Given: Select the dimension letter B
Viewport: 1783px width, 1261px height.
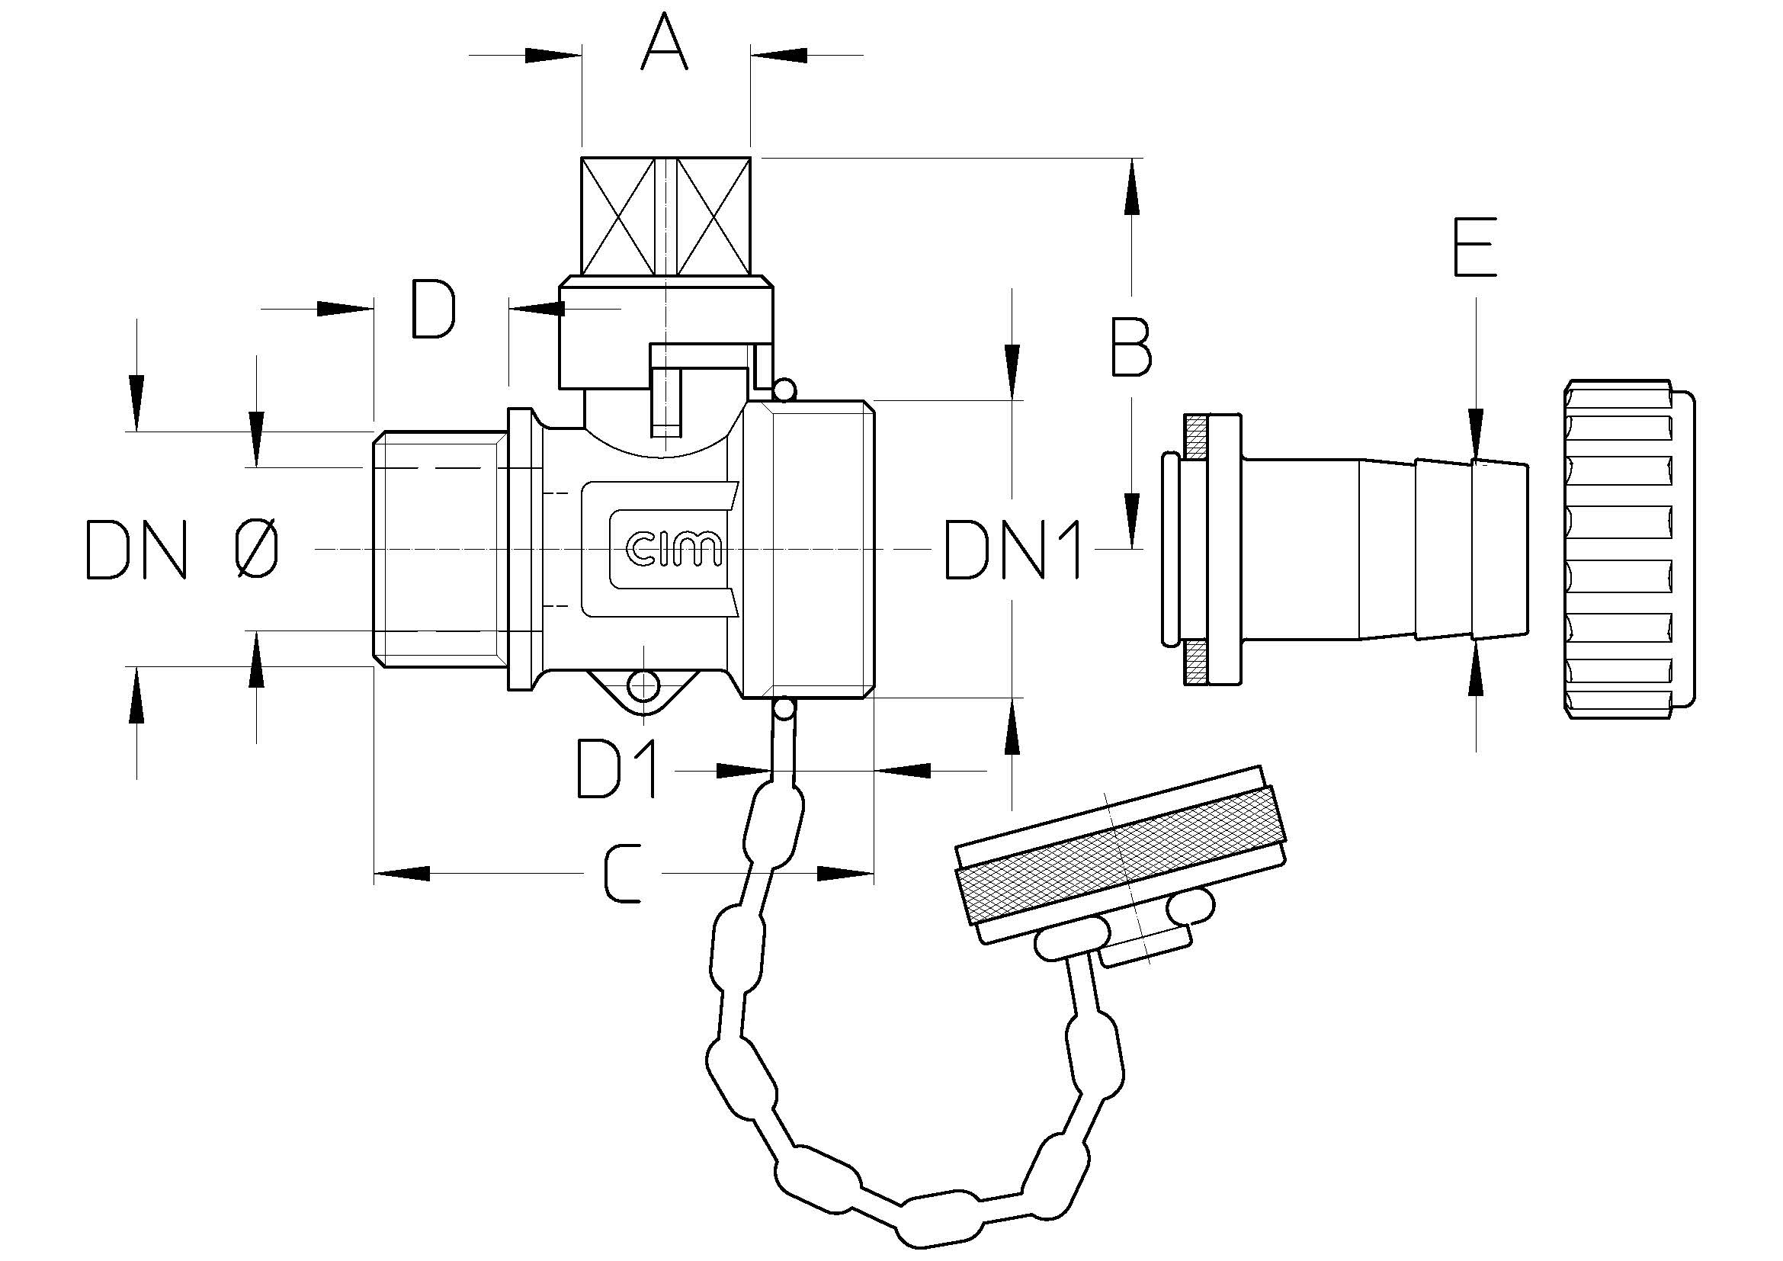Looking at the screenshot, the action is [1130, 347].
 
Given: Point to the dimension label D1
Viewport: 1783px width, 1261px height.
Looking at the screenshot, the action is [617, 769].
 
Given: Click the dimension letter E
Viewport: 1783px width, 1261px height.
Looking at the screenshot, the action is [1475, 247].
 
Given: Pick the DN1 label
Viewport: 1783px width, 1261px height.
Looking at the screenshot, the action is [1012, 550].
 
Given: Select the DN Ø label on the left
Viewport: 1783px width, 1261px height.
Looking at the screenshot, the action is [181, 550].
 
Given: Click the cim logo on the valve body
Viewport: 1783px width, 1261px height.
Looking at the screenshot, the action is [673, 548].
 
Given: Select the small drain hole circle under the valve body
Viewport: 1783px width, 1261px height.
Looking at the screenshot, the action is [644, 685].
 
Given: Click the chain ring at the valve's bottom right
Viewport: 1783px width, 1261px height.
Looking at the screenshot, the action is [784, 709].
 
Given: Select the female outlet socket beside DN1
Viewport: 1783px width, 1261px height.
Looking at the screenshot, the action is [808, 549].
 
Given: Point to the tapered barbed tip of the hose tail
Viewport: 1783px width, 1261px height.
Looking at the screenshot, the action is [1499, 550].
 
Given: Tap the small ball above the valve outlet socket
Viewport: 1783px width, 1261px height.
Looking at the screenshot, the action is [784, 389].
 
